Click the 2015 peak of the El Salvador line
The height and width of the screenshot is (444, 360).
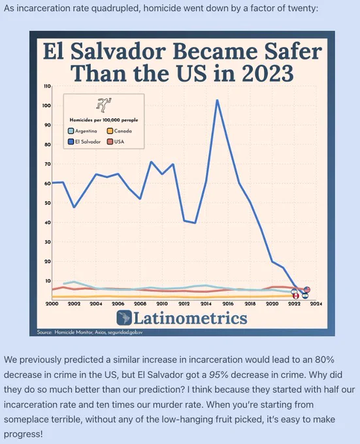coord(217,101)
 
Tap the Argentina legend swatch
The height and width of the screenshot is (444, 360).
coord(71,131)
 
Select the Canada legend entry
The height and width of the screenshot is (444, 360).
coord(120,131)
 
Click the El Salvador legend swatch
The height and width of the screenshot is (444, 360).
coord(71,142)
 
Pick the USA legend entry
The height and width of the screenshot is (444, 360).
coord(116,142)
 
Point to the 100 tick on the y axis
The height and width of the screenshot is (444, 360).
coord(47,106)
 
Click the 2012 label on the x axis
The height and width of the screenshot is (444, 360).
coord(184,304)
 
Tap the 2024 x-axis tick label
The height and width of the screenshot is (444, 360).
coord(316,304)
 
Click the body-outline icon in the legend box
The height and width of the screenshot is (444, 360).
coord(104,105)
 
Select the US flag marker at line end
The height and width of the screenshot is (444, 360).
coord(307,289)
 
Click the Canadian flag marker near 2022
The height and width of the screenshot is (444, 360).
coord(295,296)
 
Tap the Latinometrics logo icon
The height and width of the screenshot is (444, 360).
coord(124,318)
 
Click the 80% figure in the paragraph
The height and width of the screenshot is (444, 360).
coord(325,360)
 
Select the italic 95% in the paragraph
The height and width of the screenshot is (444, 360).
coord(219,375)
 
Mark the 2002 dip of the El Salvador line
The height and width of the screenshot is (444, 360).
coord(74,207)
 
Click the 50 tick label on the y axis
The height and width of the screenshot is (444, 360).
coord(48,203)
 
